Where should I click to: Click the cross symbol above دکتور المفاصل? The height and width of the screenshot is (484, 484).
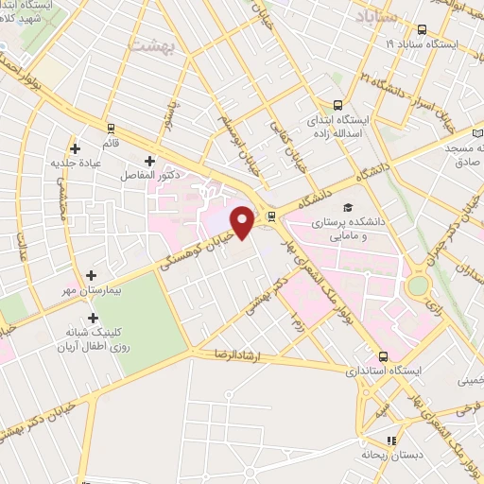[149, 161]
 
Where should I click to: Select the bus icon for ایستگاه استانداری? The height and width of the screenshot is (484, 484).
[383, 356]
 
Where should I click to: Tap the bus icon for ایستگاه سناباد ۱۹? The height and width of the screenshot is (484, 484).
[421, 29]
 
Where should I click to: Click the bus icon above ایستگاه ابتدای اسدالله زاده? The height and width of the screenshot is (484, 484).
[337, 106]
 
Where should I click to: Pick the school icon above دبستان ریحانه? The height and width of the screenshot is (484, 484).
[392, 440]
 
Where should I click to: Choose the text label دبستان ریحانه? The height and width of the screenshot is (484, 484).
[388, 455]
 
